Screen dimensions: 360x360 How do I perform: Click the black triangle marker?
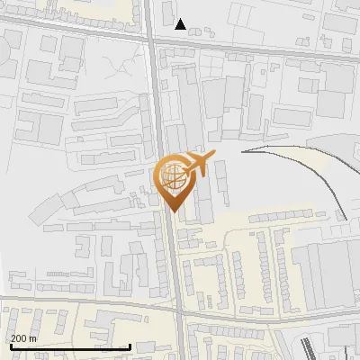[x=181, y=24]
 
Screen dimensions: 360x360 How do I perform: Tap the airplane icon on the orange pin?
[x=198, y=164]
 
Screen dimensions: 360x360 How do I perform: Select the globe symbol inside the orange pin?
[x=173, y=177]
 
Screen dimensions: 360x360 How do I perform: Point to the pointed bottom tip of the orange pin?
[x=173, y=211]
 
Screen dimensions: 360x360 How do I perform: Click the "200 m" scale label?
[x=23, y=338]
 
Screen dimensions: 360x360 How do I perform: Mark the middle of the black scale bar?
[x=70, y=346]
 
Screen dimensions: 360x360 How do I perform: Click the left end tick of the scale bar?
[x=10, y=345]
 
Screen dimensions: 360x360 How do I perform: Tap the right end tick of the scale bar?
[x=130, y=345]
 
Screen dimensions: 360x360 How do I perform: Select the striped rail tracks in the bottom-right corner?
[x=306, y=346]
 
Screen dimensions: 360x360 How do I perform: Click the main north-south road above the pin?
[x=157, y=99]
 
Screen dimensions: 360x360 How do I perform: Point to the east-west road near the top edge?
[x=252, y=49]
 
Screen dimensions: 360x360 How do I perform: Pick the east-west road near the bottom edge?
[x=90, y=305]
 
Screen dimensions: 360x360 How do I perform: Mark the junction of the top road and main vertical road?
[x=151, y=39]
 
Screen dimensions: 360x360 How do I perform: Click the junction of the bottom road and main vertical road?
[x=179, y=314]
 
